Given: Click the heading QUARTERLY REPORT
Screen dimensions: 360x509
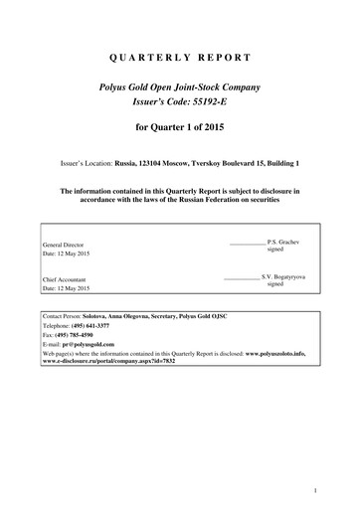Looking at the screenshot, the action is (x=180, y=58).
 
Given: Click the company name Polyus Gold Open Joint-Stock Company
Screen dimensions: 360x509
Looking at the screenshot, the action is (x=180, y=87).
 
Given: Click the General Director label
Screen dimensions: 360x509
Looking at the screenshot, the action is (x=62, y=244).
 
